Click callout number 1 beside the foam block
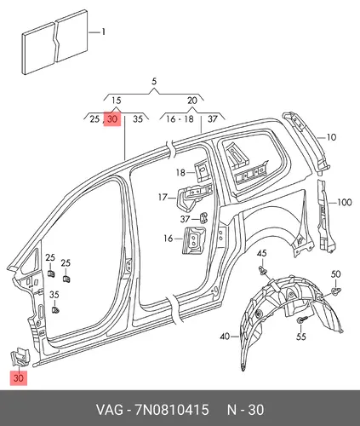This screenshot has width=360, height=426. point(104,32)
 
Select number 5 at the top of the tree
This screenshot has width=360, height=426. point(154,82)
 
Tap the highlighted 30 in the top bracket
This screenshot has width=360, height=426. point(112,118)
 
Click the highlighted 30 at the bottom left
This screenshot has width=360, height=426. point(19,378)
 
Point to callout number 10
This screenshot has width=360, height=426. point(331,137)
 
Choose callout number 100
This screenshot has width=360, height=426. point(345,203)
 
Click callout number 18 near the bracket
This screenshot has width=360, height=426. point(180,172)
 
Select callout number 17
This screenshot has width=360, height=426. point(163,197)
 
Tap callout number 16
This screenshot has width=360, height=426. point(169,239)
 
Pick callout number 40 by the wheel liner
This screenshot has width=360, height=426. point(225,337)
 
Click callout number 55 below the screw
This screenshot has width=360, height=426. point(301,337)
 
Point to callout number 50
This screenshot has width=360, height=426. point(335,274)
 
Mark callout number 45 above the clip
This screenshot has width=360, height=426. point(262,253)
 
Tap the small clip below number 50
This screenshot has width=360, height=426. point(336,291)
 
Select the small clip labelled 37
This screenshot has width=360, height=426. point(203,218)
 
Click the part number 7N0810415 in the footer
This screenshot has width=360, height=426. point(172,410)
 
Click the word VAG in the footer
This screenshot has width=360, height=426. point(110,410)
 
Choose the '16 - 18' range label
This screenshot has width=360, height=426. point(180,119)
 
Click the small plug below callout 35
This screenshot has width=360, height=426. point(55,309)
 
